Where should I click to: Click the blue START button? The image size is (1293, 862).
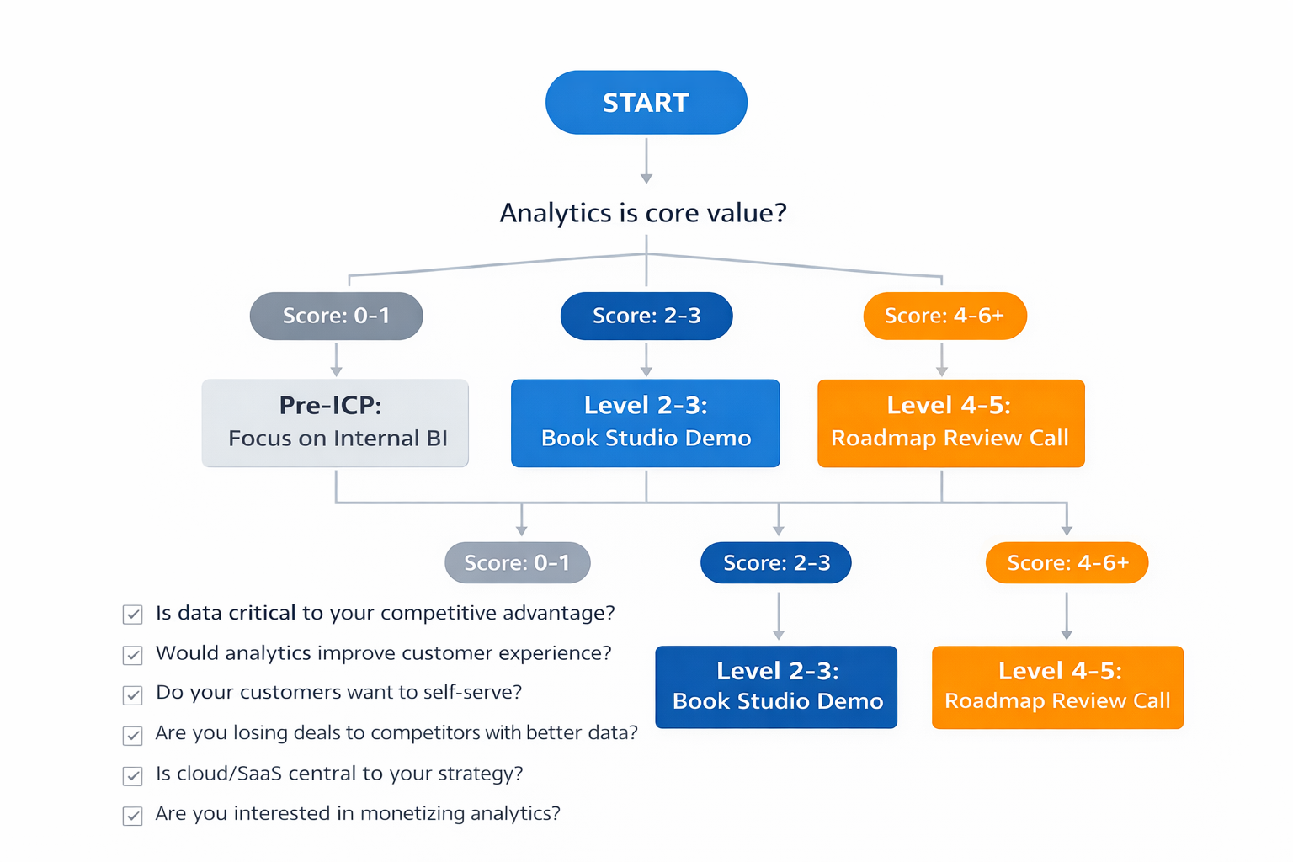click(646, 103)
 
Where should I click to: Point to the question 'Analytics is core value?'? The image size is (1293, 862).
click(643, 213)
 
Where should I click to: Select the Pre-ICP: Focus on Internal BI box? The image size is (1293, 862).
click(335, 423)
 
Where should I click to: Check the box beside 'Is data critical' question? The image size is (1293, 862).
click(133, 615)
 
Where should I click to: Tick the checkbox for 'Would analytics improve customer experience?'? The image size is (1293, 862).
click(133, 655)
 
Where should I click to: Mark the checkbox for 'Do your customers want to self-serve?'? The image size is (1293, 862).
click(133, 694)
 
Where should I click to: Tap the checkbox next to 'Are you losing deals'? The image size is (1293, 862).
click(133, 735)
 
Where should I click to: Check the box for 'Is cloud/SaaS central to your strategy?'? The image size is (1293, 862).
click(133, 775)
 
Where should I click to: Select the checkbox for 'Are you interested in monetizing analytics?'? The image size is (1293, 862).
click(133, 816)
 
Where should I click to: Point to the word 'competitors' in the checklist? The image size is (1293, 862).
click(425, 733)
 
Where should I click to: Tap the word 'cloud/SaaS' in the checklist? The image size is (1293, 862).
click(229, 774)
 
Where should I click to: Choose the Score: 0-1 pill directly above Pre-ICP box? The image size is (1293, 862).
click(336, 316)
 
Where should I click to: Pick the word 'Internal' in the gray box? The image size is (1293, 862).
click(376, 439)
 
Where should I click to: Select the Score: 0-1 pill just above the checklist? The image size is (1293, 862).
click(517, 562)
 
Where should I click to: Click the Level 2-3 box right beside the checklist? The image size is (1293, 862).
click(776, 686)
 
